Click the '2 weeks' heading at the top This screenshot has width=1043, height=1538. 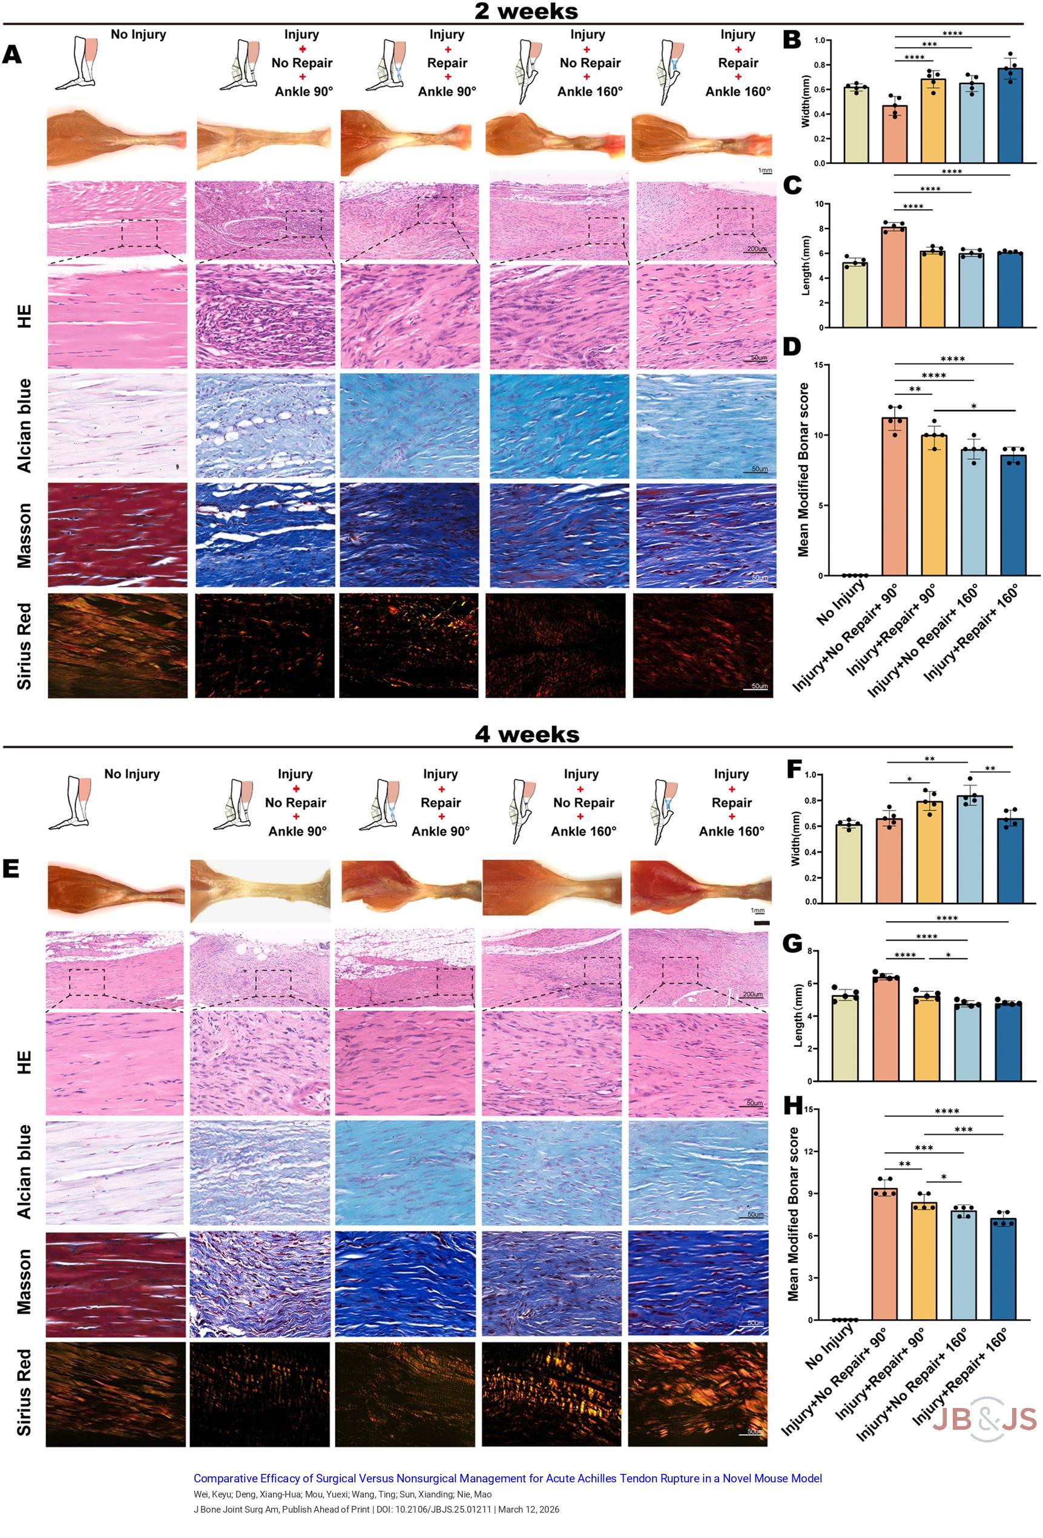click(526, 11)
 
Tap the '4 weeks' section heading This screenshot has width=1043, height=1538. click(527, 734)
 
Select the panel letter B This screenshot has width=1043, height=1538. click(791, 40)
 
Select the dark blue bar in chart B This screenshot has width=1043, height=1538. click(1010, 115)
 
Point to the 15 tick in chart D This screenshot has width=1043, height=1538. click(818, 365)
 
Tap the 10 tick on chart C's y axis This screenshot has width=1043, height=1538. click(819, 204)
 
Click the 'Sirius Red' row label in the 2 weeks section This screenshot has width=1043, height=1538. click(24, 646)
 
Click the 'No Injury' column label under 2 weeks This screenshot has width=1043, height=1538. click(138, 34)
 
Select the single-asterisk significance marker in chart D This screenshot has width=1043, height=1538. click(973, 406)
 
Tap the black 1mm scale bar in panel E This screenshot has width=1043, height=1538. click(761, 922)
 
